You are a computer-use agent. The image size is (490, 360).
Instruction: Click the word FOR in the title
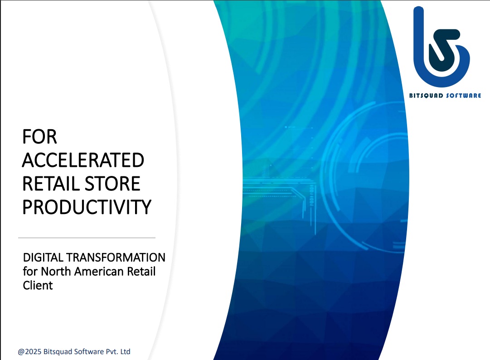point(39,137)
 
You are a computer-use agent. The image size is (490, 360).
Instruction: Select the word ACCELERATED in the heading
point(83,161)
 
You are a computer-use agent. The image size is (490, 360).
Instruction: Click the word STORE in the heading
point(112,184)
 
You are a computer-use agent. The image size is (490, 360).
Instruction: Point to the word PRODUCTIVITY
point(87,207)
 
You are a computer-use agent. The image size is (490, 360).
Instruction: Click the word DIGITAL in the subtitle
point(43,258)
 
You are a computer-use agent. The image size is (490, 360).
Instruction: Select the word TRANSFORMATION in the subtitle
point(116,258)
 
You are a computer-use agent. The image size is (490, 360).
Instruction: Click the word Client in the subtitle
point(38,285)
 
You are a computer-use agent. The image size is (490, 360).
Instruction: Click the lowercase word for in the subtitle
point(30,271)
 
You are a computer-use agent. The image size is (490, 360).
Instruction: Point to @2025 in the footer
point(29,351)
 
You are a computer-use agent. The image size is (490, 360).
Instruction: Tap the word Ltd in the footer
point(125,351)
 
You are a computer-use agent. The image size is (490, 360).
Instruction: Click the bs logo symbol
point(441,47)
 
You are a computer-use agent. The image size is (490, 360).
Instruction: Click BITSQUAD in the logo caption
point(426,96)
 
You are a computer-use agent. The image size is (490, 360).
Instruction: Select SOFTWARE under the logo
point(463,96)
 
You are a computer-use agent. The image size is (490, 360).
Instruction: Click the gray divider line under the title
point(87,238)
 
